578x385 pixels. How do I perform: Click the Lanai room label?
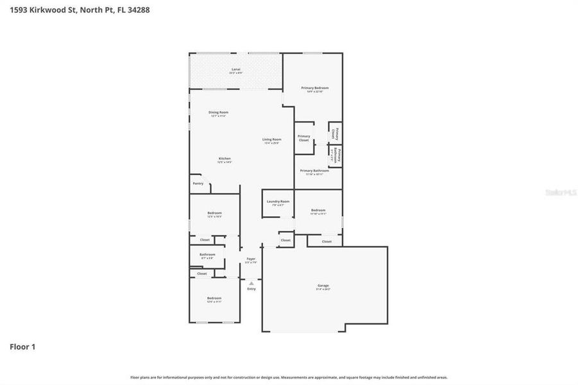click(x=236, y=69)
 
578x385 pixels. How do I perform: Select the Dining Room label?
click(x=219, y=112)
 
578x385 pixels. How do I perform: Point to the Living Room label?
click(x=271, y=139)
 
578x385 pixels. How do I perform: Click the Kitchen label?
click(x=224, y=158)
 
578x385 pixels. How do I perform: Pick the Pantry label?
click(x=198, y=184)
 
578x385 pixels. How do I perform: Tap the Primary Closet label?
click(x=303, y=137)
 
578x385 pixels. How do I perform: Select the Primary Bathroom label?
click(x=314, y=171)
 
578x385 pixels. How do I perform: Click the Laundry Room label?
click(x=278, y=201)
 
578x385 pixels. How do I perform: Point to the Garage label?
click(x=323, y=286)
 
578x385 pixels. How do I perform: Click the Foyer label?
click(x=251, y=259)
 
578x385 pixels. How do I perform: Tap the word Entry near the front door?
click(x=251, y=289)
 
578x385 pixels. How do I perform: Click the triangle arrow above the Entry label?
click(x=251, y=282)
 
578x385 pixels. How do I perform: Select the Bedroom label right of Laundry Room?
click(x=318, y=210)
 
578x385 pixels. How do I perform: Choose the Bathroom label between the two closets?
click(x=207, y=254)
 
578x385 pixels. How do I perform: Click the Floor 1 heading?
click(x=22, y=347)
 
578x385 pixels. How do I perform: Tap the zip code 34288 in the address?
click(x=139, y=10)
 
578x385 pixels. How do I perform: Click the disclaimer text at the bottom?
click(x=289, y=377)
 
